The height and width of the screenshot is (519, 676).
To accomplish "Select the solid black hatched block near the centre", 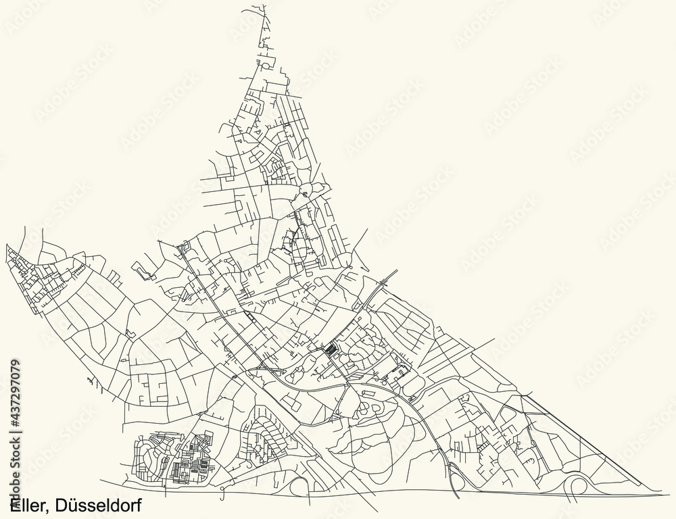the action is (x=331, y=350).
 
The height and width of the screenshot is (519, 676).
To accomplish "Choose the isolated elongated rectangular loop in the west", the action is (x=144, y=272).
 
